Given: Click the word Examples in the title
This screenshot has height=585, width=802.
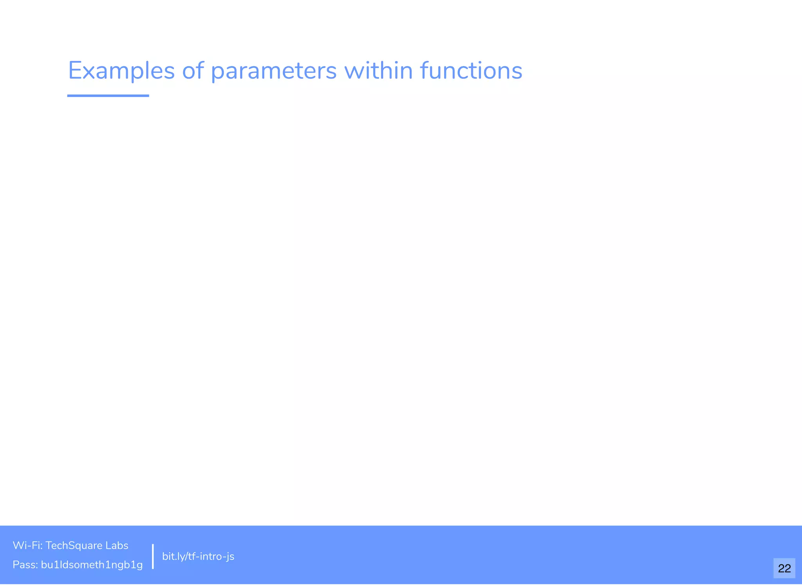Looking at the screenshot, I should point(121,71).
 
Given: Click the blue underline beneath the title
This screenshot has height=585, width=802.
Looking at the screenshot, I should point(108,96).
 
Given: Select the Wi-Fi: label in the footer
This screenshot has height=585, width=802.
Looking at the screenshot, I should point(27,545).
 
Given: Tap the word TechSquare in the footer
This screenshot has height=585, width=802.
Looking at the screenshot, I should point(74,546).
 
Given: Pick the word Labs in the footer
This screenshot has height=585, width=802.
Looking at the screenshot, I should point(117,545).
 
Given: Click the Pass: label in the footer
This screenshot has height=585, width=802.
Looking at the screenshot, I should point(25,565).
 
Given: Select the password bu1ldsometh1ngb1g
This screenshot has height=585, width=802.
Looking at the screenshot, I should point(92,565).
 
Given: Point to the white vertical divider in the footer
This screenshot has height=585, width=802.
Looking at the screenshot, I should point(153,556).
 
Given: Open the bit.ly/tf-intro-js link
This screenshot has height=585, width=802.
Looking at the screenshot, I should point(198,556).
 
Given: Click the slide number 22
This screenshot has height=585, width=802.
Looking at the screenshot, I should point(784,568).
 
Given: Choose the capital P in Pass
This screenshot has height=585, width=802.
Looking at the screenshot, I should point(16,565).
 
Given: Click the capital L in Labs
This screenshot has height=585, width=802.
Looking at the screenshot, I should point(108,545).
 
